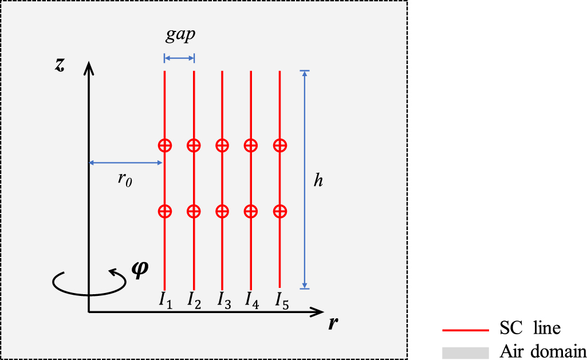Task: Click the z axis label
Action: coord(60,65)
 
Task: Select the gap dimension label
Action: coord(180,35)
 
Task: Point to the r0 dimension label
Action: coord(125,179)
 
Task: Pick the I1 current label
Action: coord(165,299)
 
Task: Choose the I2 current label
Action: coord(194,299)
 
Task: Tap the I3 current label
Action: coord(224,299)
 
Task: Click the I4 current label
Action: coord(252,299)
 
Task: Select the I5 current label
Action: coord(281,299)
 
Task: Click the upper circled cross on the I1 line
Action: coord(165,145)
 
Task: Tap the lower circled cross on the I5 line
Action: coord(279,211)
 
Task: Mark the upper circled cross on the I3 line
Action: coord(222,145)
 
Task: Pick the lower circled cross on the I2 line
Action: coord(194,211)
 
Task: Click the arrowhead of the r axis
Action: coord(318,312)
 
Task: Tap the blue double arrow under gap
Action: coord(179,57)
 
